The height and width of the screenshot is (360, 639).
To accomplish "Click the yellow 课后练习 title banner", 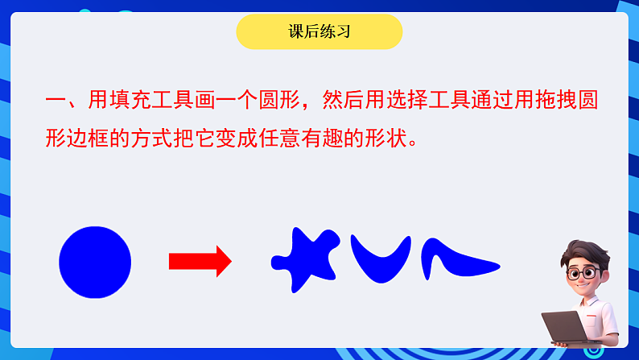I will coord(319,32).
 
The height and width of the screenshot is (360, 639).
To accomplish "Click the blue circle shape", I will coord(95,263).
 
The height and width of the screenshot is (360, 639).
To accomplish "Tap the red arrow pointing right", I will coord(200,261).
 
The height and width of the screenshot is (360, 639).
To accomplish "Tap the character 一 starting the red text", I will coord(56,101).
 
